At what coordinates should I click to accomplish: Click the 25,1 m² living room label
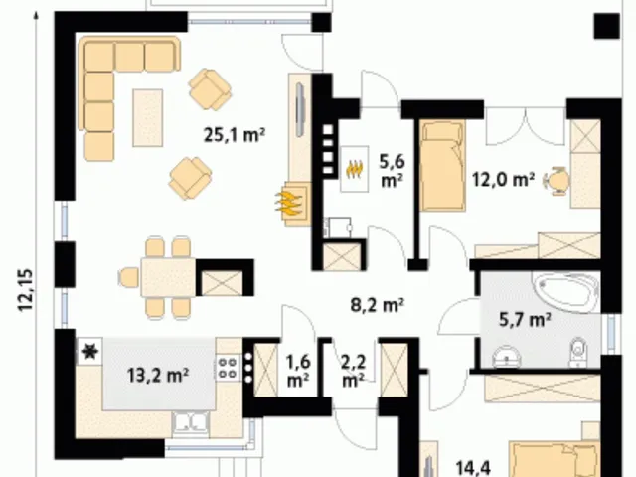[x=235, y=135]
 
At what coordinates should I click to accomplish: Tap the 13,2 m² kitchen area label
[x=158, y=376]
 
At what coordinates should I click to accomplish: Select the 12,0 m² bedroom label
[x=503, y=179]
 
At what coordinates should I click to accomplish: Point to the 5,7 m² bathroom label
[x=525, y=320]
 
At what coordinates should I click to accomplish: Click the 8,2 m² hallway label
[x=378, y=305]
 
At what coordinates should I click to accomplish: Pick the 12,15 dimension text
[x=25, y=290]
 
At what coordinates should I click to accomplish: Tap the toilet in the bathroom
[x=578, y=351]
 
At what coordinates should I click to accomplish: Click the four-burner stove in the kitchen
[x=228, y=368]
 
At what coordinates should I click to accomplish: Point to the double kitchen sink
[x=190, y=424]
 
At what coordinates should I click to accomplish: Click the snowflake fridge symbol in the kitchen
[x=89, y=351]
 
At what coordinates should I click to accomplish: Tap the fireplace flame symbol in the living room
[x=289, y=203]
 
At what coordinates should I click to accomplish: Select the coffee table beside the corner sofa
[x=148, y=117]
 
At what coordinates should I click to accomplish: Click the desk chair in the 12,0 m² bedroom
[x=556, y=179]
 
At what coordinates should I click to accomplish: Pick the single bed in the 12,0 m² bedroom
[x=441, y=166]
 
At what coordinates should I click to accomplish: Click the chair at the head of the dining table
[x=129, y=278]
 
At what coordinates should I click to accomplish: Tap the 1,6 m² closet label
[x=298, y=371]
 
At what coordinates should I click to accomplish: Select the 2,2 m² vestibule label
[x=354, y=371]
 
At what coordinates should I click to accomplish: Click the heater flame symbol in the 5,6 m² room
[x=354, y=168]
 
